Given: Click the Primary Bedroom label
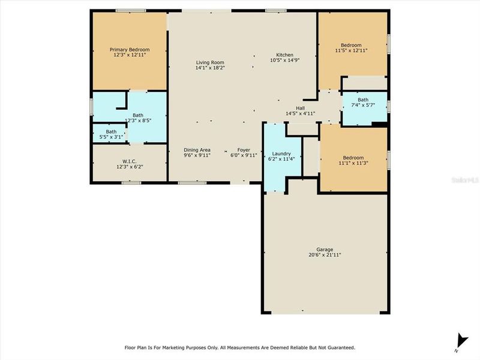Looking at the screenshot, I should (129, 49).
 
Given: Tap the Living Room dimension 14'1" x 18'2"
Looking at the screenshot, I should (210, 68).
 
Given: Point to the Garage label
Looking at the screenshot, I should (325, 250).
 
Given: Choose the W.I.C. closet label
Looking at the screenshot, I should (129, 161).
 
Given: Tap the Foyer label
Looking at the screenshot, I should (244, 149).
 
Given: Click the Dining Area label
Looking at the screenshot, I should (197, 149).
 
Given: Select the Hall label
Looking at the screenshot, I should (300, 108).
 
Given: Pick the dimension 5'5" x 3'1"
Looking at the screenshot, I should (111, 137).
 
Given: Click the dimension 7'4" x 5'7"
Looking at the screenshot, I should (363, 105).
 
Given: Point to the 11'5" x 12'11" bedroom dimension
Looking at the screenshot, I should (351, 50).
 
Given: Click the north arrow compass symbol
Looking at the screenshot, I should (461, 340).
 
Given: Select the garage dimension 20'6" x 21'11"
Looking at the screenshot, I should (325, 255).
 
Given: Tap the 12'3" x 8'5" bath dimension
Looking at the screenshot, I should (138, 120).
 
